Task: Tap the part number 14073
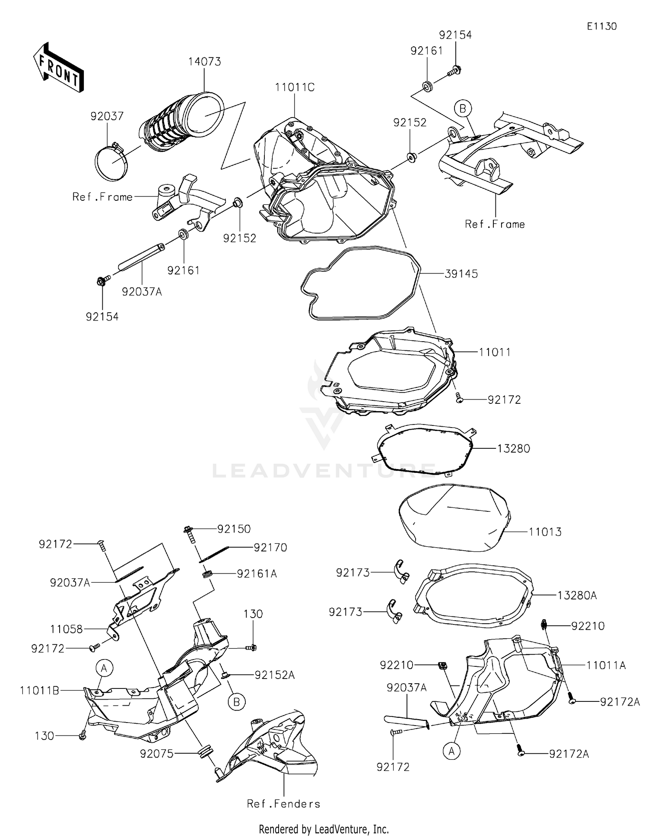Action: click(204, 62)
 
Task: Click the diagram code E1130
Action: click(601, 26)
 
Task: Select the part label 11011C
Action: click(295, 88)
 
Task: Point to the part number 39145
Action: click(461, 274)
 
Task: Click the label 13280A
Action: click(577, 596)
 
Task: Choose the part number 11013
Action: click(545, 532)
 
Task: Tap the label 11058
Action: click(66, 629)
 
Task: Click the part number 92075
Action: click(156, 754)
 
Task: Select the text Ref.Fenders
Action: click(283, 804)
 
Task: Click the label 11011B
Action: click(39, 691)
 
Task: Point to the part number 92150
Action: click(234, 529)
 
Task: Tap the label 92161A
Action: click(257, 574)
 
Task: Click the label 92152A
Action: click(274, 675)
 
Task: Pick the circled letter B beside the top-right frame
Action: click(463, 108)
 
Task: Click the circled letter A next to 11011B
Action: click(104, 669)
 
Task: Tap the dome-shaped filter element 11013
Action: click(454, 518)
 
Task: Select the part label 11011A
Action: click(606, 666)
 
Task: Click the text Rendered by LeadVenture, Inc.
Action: click(324, 829)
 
